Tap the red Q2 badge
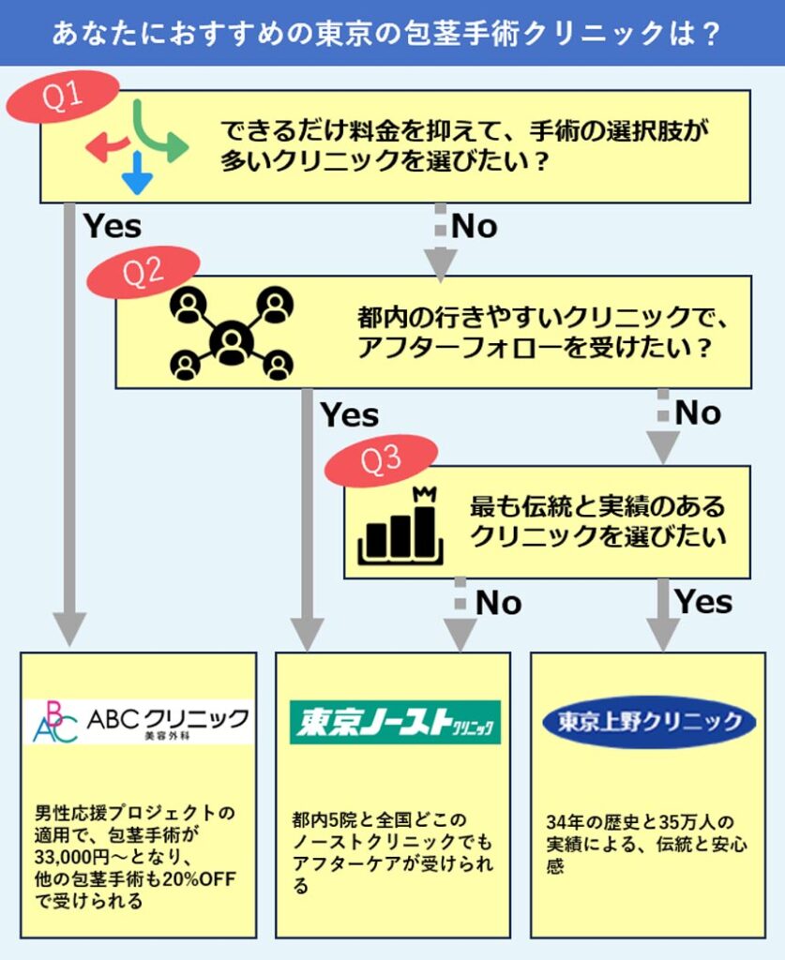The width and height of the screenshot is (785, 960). coord(143,272)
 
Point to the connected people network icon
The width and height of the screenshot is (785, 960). coord(231,333)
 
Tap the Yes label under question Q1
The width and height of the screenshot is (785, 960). coord(113,226)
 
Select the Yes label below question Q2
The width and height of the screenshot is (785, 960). coord(350,414)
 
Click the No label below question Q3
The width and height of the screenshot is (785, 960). coord(499,603)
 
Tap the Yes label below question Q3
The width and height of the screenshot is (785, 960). coord(704,602)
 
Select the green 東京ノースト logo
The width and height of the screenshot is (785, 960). coord(394,722)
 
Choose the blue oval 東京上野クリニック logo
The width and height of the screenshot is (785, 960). coord(649,722)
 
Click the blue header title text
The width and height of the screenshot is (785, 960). coord(392,34)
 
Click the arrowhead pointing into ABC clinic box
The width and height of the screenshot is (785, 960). coord(69,628)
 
